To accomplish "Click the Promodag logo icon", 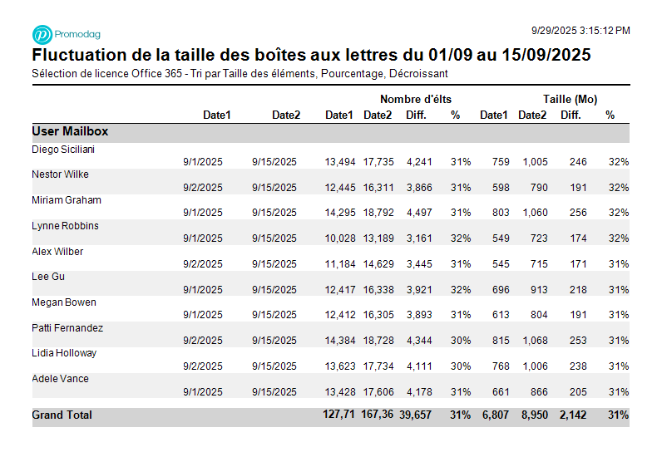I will tap(42, 34).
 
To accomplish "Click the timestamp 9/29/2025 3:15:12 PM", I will tap(580, 31).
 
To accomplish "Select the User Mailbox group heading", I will tap(70, 131).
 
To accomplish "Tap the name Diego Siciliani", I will tap(62, 150).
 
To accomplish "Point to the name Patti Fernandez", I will tap(67, 328).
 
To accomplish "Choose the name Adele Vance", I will tap(60, 379).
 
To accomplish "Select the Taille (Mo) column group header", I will tap(571, 100).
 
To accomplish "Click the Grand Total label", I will tap(62, 415).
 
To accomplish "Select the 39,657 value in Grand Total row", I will tap(416, 415).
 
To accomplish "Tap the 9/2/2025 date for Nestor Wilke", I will tap(203, 188).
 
